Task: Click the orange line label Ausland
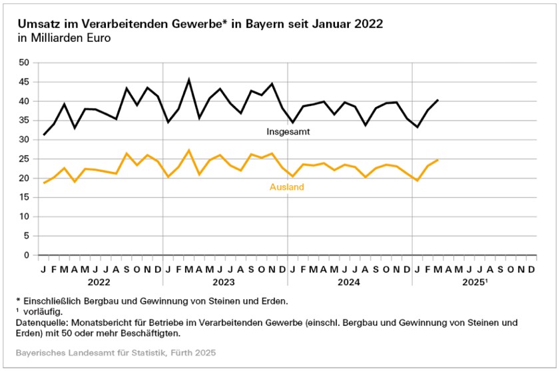(286, 187)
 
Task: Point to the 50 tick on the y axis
(25, 63)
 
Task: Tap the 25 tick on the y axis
(25, 159)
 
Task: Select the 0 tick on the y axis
(27, 255)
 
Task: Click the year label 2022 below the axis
(100, 282)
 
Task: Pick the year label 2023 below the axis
(225, 282)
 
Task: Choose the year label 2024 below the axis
(350, 282)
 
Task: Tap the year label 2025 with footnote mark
(475, 282)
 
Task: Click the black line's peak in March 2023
(189, 79)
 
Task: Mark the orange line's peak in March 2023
(189, 150)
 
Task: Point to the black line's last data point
(438, 100)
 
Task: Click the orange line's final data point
(438, 160)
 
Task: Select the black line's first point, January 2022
(44, 135)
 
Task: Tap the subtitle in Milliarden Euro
(65, 38)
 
